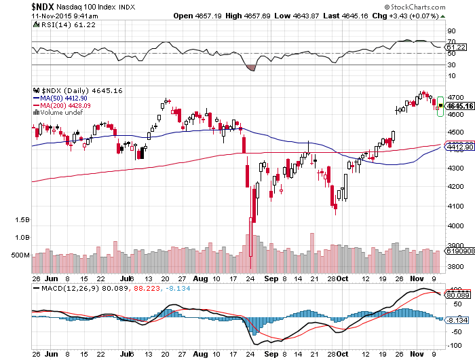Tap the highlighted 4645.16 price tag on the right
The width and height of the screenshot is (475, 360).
pyautogui.click(x=459, y=106)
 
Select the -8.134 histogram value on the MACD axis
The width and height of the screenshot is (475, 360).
pyautogui.click(x=459, y=319)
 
